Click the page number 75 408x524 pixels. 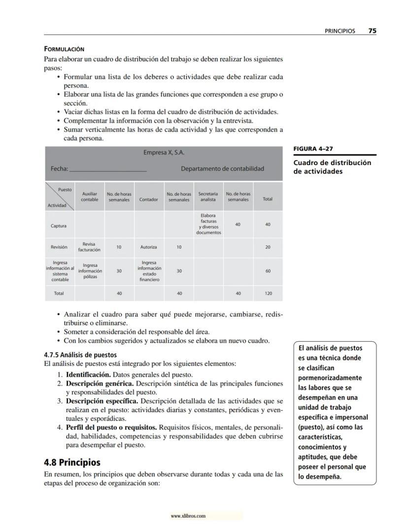click(x=372, y=31)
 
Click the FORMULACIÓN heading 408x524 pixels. click(x=64, y=49)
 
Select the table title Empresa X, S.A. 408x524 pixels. click(x=164, y=153)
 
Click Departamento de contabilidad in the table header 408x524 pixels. click(x=222, y=168)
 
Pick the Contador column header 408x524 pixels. click(x=149, y=199)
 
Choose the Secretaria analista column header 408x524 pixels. click(x=208, y=197)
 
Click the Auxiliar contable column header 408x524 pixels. click(x=89, y=197)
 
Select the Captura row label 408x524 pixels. click(x=59, y=226)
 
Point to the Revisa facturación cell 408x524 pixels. click(x=89, y=247)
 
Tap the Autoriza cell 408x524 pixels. click(x=149, y=247)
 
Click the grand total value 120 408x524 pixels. click(x=268, y=294)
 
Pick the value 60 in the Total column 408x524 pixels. click(x=268, y=271)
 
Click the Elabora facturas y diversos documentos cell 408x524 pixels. click(x=208, y=224)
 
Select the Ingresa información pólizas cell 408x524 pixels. click(x=89, y=271)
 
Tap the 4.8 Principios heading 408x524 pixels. click(x=72, y=462)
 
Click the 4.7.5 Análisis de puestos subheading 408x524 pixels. click(x=80, y=355)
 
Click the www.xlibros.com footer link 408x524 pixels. click(x=188, y=516)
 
